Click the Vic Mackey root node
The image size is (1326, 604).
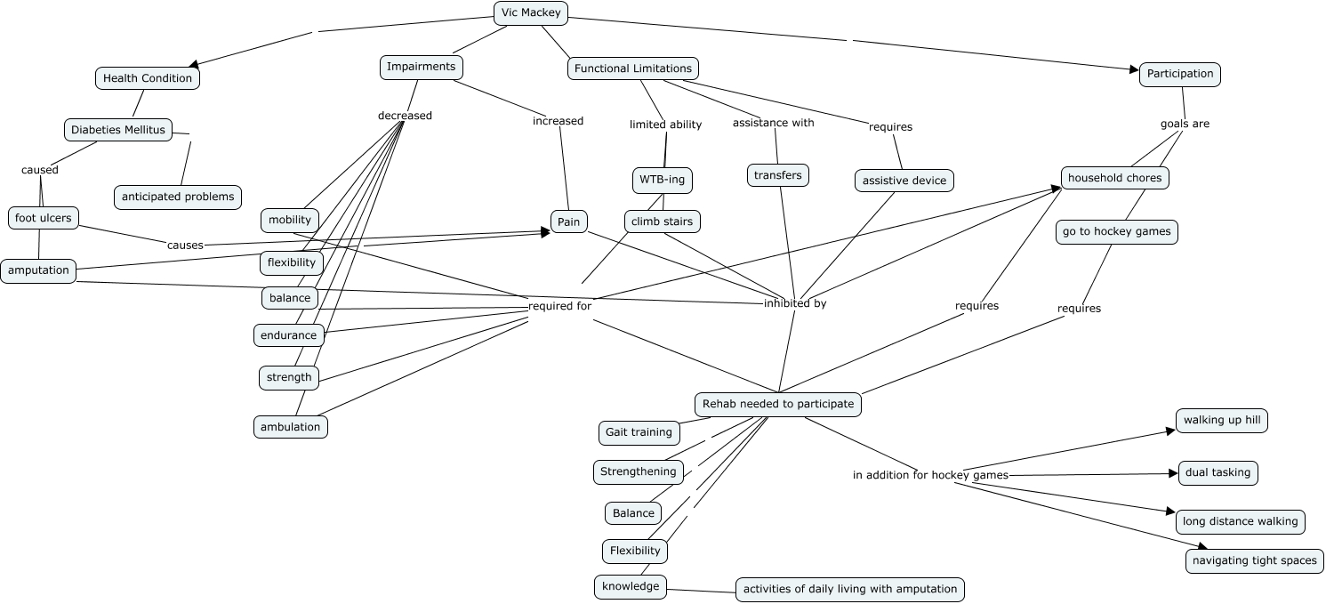pos(530,12)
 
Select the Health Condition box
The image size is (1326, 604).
pos(148,78)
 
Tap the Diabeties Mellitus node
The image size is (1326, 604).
pos(118,130)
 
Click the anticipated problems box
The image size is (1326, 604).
pos(178,197)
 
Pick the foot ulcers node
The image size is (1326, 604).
pos(43,217)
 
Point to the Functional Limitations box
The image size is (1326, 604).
pos(632,68)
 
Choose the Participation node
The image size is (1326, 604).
pos(1179,74)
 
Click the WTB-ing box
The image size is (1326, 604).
pos(662,180)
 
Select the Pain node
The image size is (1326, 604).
pos(568,221)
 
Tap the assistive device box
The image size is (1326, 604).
pos(904,181)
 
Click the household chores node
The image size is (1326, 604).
pos(1114,178)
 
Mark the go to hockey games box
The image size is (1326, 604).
pos(1116,232)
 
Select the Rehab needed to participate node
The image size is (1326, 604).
pos(777,404)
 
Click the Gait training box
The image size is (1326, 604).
pos(638,432)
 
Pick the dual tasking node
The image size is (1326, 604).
pos(1218,472)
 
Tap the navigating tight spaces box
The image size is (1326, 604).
pos(1254,561)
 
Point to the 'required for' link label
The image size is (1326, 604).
pos(559,305)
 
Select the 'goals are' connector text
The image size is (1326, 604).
pos(1185,124)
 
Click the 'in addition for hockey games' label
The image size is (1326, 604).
pos(929,475)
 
